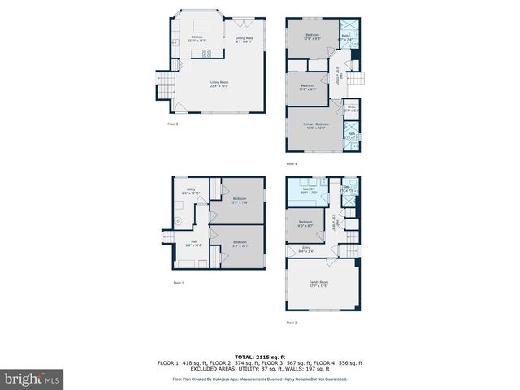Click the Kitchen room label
click(197, 37)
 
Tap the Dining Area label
click(244, 38)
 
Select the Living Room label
click(219, 83)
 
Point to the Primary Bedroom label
click(315, 125)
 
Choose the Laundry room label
click(309, 190)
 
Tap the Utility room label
click(191, 191)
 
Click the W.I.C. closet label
click(351, 106)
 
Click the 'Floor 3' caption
click(172, 123)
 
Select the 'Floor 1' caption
click(179, 282)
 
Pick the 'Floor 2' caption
click(292, 323)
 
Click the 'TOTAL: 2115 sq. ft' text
click(260, 357)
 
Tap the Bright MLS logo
click(32, 379)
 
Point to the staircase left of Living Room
click(164, 83)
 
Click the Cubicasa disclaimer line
click(260, 379)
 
